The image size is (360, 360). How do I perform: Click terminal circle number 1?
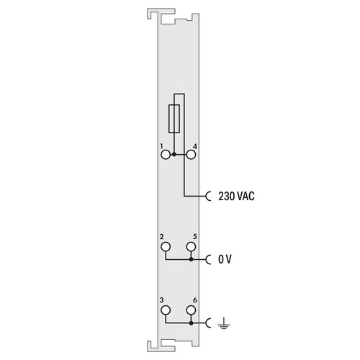pos(166,155)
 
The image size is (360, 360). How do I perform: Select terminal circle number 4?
pos(191,155)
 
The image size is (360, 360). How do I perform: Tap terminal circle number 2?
pos(166,246)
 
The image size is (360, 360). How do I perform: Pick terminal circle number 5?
pos(191,246)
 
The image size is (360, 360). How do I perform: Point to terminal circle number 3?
pos(166,310)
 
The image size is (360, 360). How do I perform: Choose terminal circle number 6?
pos(191,310)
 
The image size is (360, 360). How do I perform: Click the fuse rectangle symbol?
pos(174,119)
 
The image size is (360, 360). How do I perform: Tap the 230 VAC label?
pos(236,196)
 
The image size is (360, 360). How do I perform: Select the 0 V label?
pos(225,259)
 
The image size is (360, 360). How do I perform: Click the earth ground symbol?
pos(224,323)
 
